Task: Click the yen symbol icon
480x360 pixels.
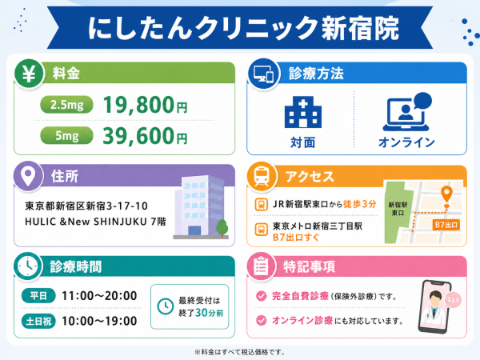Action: point(29,74)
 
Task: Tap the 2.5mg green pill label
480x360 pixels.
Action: point(66,105)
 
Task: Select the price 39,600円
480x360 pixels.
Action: point(145,136)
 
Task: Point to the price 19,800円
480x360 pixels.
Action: point(145,105)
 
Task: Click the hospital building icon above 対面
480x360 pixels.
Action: point(302,112)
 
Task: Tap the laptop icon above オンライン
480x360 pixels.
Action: point(407,112)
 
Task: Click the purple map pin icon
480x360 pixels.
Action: point(28,176)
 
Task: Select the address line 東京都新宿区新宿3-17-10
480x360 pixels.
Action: point(86,206)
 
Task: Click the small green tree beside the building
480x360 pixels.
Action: point(222,228)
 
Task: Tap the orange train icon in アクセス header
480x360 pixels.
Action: point(262,177)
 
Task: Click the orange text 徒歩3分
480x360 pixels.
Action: point(360,204)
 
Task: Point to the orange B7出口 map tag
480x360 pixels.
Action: point(446,225)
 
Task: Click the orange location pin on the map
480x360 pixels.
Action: point(446,194)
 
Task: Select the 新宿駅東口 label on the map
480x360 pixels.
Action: point(398,209)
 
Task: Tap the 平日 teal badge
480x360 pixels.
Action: point(38,296)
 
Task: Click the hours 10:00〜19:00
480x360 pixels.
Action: point(99,321)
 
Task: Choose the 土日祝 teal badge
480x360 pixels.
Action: point(38,322)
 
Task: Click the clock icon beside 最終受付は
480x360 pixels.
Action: point(166,306)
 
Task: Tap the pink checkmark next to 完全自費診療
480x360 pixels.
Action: point(261,296)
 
